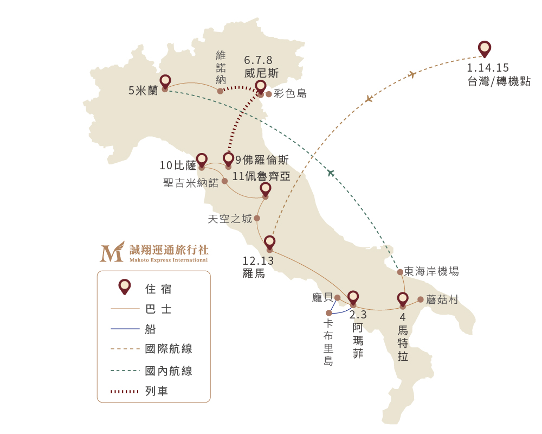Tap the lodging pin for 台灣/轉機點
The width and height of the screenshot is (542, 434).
(485, 48)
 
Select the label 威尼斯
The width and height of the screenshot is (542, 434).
(261, 73)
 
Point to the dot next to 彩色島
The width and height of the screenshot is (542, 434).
(269, 94)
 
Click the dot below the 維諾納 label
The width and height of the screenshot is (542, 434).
(220, 91)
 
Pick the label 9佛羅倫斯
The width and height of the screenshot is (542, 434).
(262, 160)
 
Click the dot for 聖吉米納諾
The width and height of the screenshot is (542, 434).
(225, 181)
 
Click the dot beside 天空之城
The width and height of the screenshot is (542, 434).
(257, 218)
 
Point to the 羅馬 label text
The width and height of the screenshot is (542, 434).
(254, 273)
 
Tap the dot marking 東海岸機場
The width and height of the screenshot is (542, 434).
(400, 272)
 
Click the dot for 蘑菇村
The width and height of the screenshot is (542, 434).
(421, 299)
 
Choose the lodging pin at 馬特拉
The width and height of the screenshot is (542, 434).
(403, 299)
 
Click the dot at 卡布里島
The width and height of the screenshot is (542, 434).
(329, 313)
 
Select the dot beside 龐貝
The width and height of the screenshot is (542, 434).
(337, 298)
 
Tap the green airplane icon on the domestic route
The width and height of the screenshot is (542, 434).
(331, 173)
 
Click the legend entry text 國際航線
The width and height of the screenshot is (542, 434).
(169, 348)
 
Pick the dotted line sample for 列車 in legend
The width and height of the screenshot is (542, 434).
(125, 392)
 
